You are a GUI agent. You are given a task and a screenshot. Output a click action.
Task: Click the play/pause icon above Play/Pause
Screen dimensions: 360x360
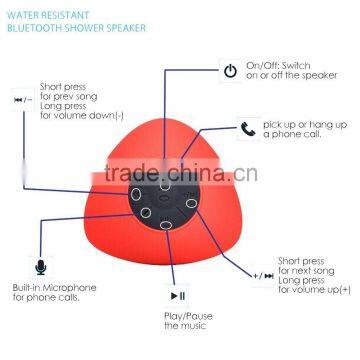pos(177,295)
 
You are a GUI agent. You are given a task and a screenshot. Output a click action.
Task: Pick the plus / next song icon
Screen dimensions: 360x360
pos(261,274)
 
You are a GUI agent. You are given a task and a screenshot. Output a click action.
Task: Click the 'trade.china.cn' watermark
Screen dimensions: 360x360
pos(211,187)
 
